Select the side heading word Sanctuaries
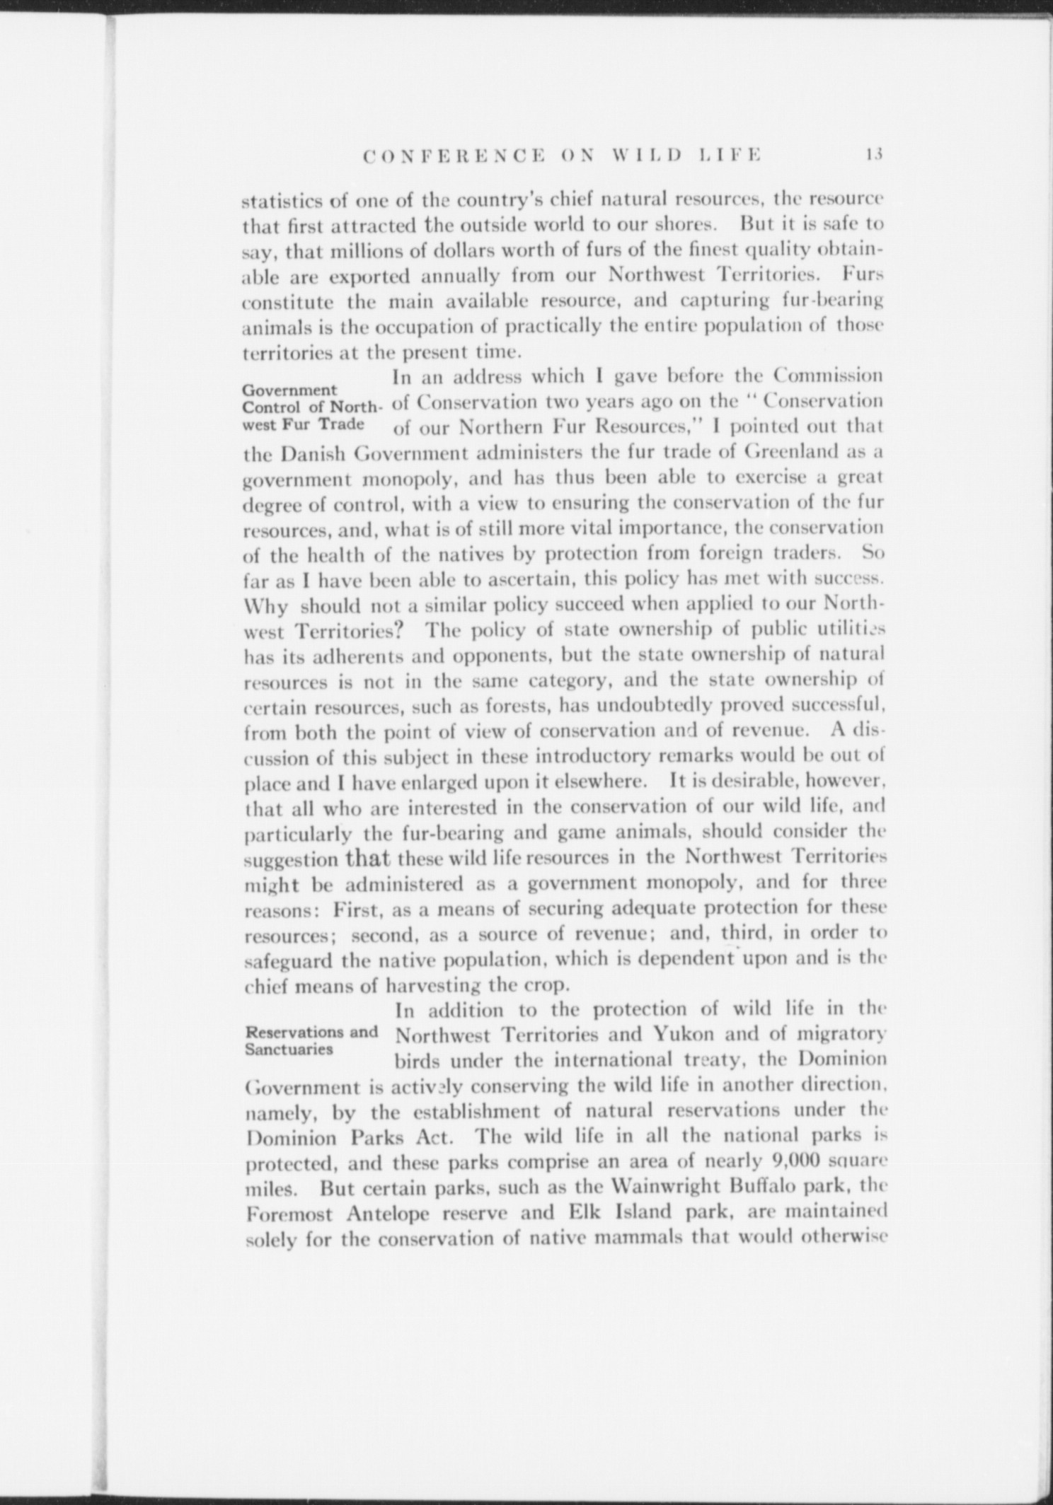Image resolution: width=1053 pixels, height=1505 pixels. pyautogui.click(x=288, y=1048)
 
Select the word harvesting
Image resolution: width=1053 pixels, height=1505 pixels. pyautogui.click(x=435, y=985)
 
